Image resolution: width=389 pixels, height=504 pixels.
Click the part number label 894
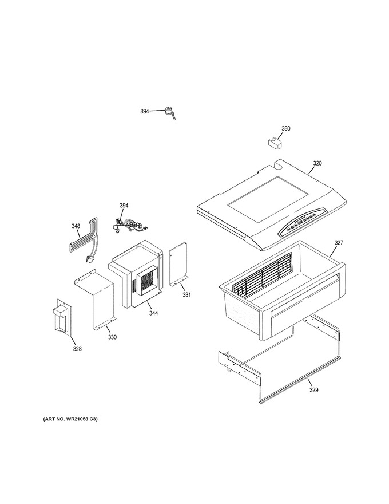tap(144, 111)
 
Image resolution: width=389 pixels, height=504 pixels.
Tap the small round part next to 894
tap(168, 111)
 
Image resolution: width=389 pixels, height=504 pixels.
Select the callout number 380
tap(285, 128)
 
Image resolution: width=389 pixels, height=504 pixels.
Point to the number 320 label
tap(317, 163)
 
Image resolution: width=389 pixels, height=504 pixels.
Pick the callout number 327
tap(339, 243)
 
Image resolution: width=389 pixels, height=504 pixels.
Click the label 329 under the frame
tap(313, 390)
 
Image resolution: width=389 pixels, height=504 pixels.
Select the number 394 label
tap(124, 206)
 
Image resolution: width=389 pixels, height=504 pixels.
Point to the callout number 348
tap(76, 226)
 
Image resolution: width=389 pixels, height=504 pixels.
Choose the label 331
tap(187, 294)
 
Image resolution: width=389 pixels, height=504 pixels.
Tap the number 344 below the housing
tap(153, 313)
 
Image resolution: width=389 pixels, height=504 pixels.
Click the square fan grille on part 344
tap(148, 280)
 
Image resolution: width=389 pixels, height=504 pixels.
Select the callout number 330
tap(112, 337)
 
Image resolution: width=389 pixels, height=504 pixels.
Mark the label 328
tap(77, 348)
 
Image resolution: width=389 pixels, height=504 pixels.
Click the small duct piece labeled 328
tap(62, 317)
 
